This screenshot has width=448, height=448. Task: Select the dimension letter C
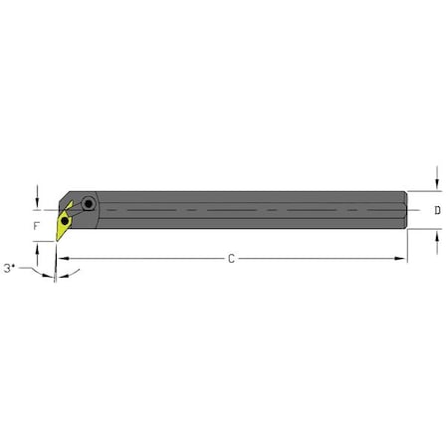point(231,259)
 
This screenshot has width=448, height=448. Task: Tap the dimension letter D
point(439,210)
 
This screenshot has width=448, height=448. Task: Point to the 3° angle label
point(11,269)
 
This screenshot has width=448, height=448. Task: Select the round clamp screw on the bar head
point(90,204)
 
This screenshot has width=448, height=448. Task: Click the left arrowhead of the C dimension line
point(59,259)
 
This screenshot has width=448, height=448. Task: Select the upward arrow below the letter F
point(37,247)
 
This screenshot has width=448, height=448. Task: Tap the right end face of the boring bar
point(406,210)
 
